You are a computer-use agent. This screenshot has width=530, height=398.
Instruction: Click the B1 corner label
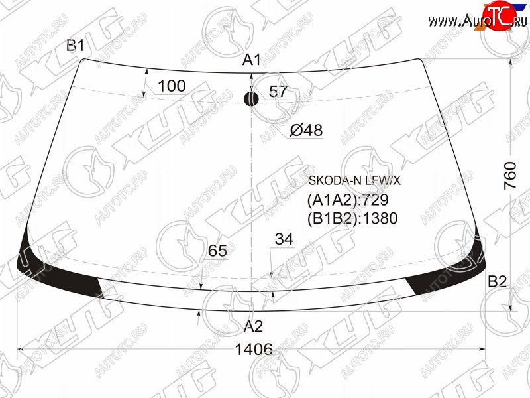(76, 45)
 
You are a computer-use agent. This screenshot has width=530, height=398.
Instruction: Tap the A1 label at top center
(252, 60)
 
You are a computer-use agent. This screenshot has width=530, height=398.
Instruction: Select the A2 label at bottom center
(254, 326)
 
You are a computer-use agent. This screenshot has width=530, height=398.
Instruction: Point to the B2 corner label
(498, 281)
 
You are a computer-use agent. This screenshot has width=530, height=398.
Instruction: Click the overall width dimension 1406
(254, 349)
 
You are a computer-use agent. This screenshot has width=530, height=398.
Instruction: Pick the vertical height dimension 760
(510, 175)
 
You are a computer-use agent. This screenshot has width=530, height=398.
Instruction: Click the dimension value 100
(172, 86)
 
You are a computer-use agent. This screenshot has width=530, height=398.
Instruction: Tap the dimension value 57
(278, 92)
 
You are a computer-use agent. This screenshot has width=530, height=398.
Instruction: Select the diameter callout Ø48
(306, 130)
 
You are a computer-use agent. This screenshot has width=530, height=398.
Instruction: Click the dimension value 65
(217, 251)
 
